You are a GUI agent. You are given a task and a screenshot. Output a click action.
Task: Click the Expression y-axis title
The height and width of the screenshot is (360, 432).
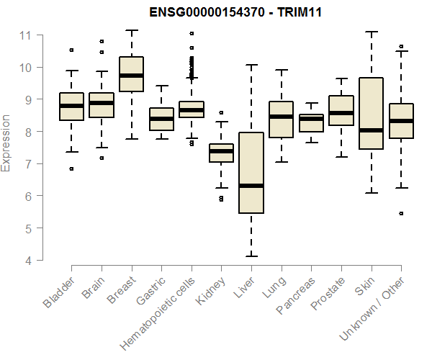click(x=6, y=143)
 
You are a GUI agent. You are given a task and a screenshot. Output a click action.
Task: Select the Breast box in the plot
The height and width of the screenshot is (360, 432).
click(x=131, y=74)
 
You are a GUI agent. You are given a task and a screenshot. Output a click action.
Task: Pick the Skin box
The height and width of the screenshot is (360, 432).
click(x=370, y=113)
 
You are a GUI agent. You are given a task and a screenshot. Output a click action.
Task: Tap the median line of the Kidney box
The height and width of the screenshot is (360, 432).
click(x=221, y=151)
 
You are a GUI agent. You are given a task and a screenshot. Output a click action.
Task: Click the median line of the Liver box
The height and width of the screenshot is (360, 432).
click(x=251, y=186)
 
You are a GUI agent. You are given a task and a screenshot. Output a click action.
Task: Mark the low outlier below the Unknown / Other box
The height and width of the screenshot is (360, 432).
click(x=401, y=214)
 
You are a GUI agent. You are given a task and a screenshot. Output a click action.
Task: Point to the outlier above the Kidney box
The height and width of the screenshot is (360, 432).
click(x=221, y=113)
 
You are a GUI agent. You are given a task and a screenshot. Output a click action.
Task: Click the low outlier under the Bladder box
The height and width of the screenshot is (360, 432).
click(x=71, y=169)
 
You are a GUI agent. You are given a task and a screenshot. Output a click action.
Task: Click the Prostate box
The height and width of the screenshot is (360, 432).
click(x=341, y=110)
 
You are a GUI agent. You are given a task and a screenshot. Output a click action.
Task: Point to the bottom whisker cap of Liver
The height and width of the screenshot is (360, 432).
click(x=251, y=256)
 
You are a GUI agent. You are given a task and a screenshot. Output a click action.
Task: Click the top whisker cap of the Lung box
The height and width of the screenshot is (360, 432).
click(x=281, y=70)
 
